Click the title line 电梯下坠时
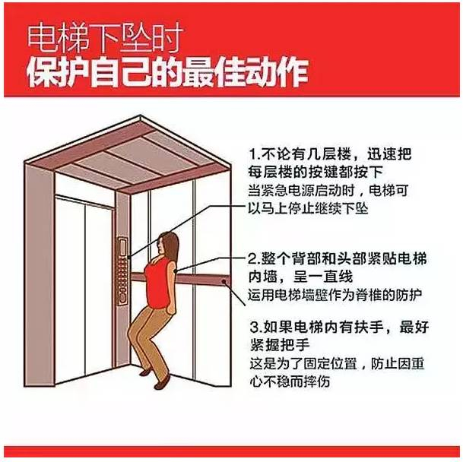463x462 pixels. click(x=105, y=39)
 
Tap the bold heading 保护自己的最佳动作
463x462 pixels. click(x=167, y=72)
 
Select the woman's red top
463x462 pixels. click(x=159, y=283)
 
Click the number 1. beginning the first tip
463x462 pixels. click(x=254, y=154)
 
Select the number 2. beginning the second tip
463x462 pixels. click(x=254, y=259)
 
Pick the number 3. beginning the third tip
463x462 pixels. click(x=255, y=328)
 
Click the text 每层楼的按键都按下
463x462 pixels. click(x=316, y=172)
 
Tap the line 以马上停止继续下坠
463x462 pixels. click(x=308, y=208)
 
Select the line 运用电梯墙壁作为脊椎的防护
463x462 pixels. click(x=335, y=295)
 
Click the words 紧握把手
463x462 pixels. click(x=280, y=344)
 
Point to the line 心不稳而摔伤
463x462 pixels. click(x=290, y=381)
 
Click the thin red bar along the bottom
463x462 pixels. click(x=231, y=451)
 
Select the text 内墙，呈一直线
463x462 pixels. click(x=300, y=277)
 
